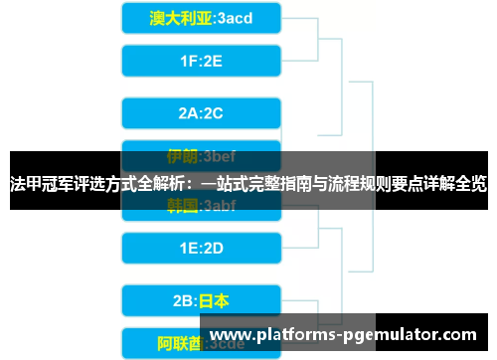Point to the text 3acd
point(235,19)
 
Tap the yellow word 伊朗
point(181,156)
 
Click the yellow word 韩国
point(181,206)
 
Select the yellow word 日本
point(215,299)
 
